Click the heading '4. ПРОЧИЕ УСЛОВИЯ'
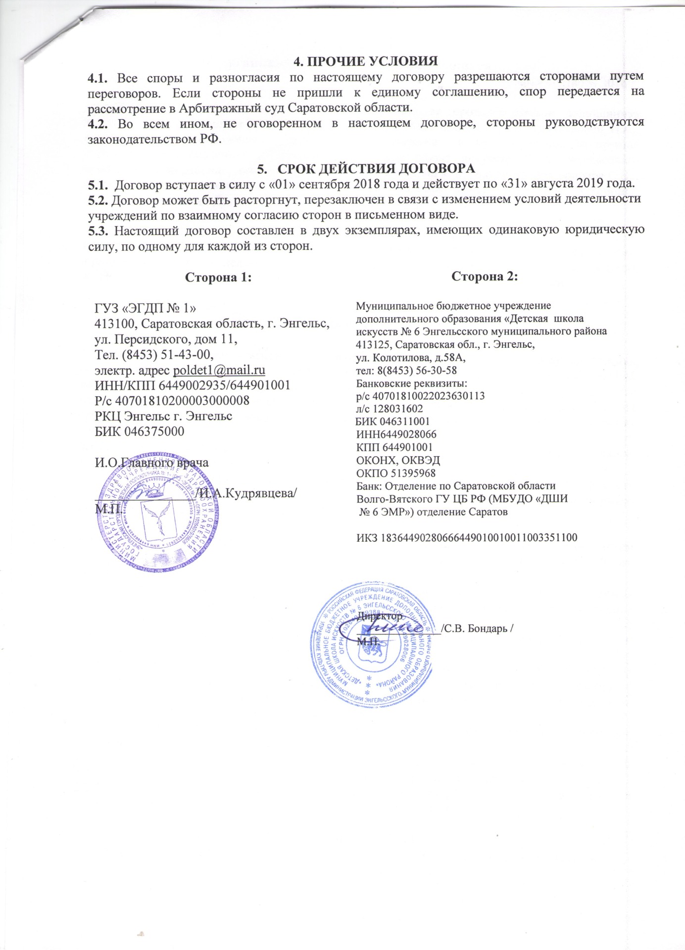[x=366, y=61]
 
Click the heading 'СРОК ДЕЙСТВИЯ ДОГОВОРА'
[x=376, y=168]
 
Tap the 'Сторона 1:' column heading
[x=218, y=277]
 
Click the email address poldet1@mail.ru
[x=219, y=370]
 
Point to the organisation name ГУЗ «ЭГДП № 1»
[x=145, y=308]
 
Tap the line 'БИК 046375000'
[x=139, y=431]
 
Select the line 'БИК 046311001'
[x=393, y=422]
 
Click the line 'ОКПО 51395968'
[x=396, y=473]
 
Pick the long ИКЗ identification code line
[x=467, y=537]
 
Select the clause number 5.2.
[x=98, y=200]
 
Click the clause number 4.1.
[x=98, y=77]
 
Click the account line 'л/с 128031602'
[x=389, y=409]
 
